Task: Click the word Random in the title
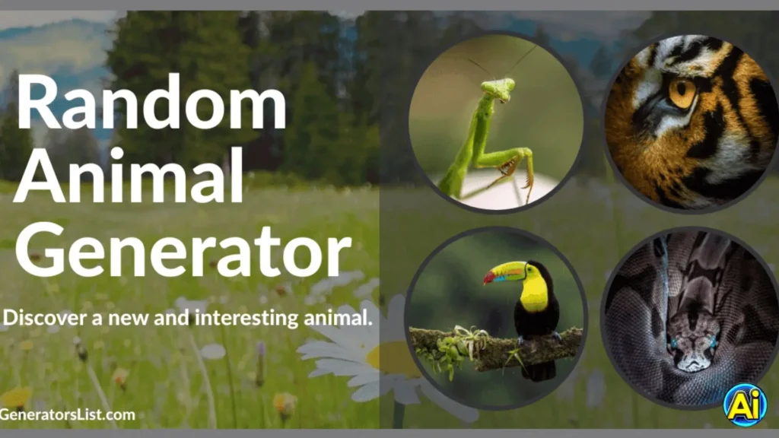click(x=151, y=102)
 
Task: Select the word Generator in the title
click(x=183, y=247)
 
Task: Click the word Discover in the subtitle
click(x=38, y=317)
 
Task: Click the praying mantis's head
click(x=499, y=89)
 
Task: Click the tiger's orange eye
click(x=682, y=94)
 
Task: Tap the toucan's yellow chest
click(x=535, y=294)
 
